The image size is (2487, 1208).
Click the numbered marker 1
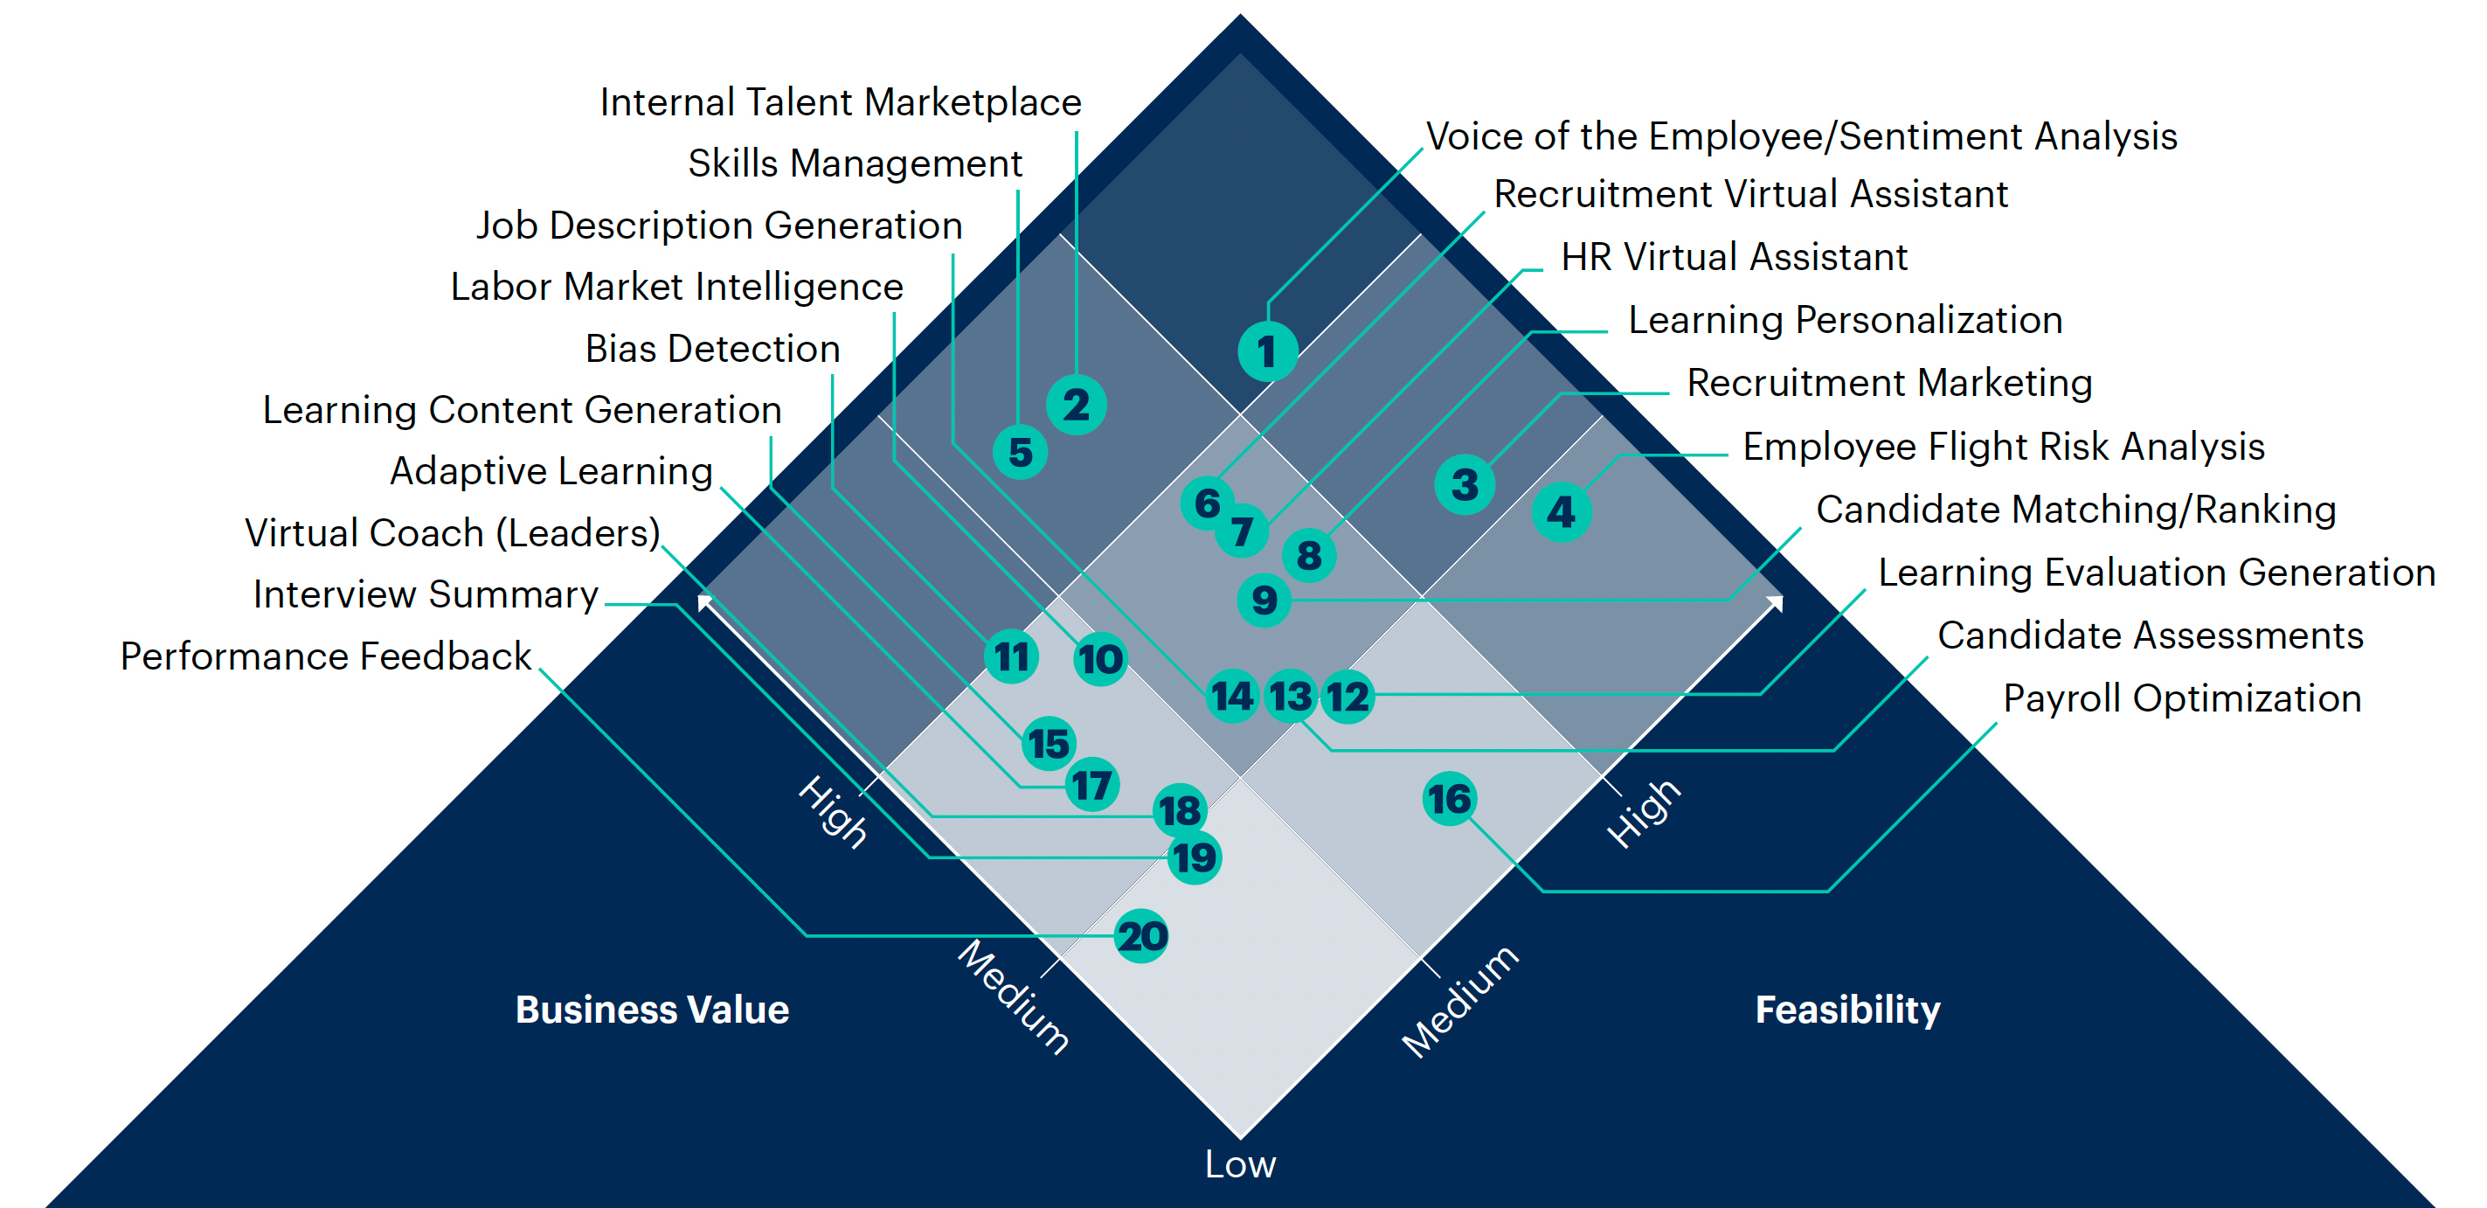1267,351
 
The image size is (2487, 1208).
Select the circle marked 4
1561,510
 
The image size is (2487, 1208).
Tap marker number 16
1449,799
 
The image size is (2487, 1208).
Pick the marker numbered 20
1141,935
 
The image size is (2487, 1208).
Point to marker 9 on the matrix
1264,600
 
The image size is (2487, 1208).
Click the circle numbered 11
1012,656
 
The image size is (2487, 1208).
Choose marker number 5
1021,452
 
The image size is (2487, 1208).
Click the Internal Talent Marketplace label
840,102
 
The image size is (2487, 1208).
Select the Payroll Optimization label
2182,698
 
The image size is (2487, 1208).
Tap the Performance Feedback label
325,656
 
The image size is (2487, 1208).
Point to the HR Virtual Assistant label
1734,257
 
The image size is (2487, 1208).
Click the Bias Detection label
712,349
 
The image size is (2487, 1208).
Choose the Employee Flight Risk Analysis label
2003,446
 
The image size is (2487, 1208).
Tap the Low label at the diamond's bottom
1240,1163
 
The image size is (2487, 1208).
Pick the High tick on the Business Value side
832,811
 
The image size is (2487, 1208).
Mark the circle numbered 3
1465,483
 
